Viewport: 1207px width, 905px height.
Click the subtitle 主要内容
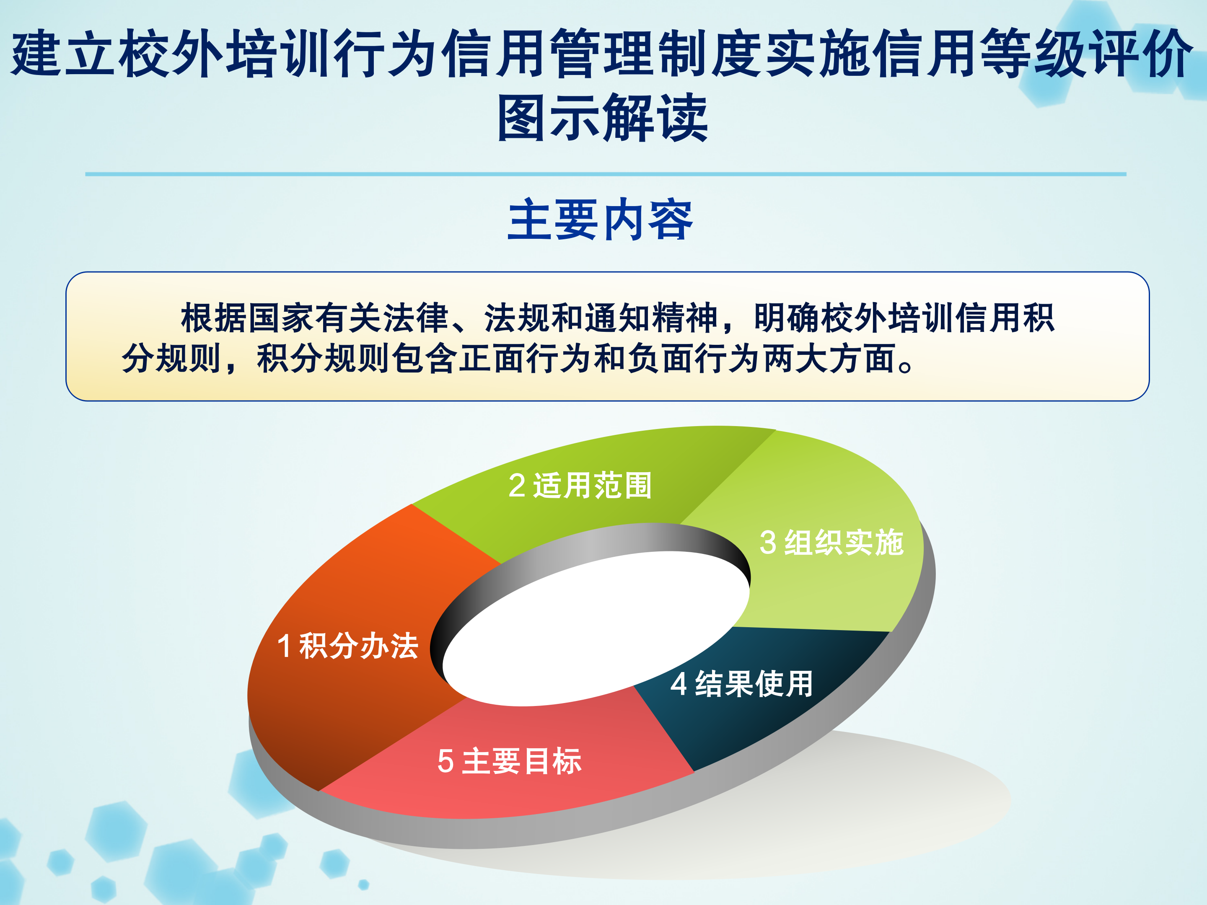pyautogui.click(x=600, y=220)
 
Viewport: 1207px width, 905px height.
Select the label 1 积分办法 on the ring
pyautogui.click(x=347, y=646)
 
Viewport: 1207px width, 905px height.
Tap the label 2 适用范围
pyautogui.click(x=580, y=486)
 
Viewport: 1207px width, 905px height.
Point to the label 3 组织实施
pyautogui.click(x=831, y=543)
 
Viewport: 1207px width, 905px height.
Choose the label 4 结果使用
pyautogui.click(x=741, y=684)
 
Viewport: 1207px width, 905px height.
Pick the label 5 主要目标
pyautogui.click(x=510, y=761)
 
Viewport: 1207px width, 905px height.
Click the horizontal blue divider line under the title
pyautogui.click(x=606, y=174)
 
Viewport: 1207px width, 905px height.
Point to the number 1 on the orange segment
pyautogui.click(x=284, y=646)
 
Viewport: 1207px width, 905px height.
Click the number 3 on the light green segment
pyautogui.click(x=768, y=543)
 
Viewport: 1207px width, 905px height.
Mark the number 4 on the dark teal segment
pyautogui.click(x=679, y=684)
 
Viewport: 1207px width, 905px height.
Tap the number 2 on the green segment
pyautogui.click(x=517, y=486)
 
